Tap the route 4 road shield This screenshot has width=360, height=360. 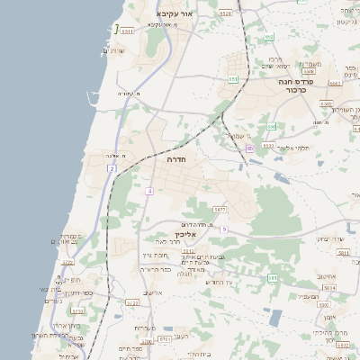pos(150,191)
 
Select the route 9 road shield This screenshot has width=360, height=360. pos(224,229)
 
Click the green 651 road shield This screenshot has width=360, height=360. pos(233,79)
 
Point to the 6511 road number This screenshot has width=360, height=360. pos(127,31)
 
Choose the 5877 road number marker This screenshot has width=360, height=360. pos(219,209)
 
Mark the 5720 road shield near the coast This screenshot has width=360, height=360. pos(67,262)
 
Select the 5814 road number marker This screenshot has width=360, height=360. pos(329,288)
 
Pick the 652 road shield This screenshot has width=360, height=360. pos(269,37)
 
